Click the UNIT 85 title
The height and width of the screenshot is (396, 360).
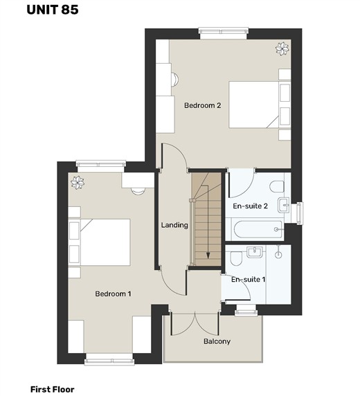[53, 10]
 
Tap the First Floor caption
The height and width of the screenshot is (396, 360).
[53, 389]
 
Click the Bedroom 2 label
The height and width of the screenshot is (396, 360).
[203, 105]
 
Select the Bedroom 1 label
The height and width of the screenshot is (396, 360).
[113, 294]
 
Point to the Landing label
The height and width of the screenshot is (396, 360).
[174, 225]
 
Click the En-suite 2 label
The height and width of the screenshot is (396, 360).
[251, 206]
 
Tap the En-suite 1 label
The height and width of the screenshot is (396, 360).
[249, 279]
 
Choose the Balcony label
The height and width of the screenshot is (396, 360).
[217, 341]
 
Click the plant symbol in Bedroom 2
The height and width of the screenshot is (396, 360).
[282, 48]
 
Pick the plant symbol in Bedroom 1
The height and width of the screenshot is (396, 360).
[78, 183]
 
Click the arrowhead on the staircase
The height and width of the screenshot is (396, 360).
[208, 255]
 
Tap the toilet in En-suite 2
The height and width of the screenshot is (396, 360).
[277, 186]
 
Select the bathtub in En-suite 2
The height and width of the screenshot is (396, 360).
[258, 229]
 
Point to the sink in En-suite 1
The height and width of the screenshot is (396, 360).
[255, 252]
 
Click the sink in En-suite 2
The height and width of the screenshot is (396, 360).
[283, 205]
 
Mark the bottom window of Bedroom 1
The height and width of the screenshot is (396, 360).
[109, 359]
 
